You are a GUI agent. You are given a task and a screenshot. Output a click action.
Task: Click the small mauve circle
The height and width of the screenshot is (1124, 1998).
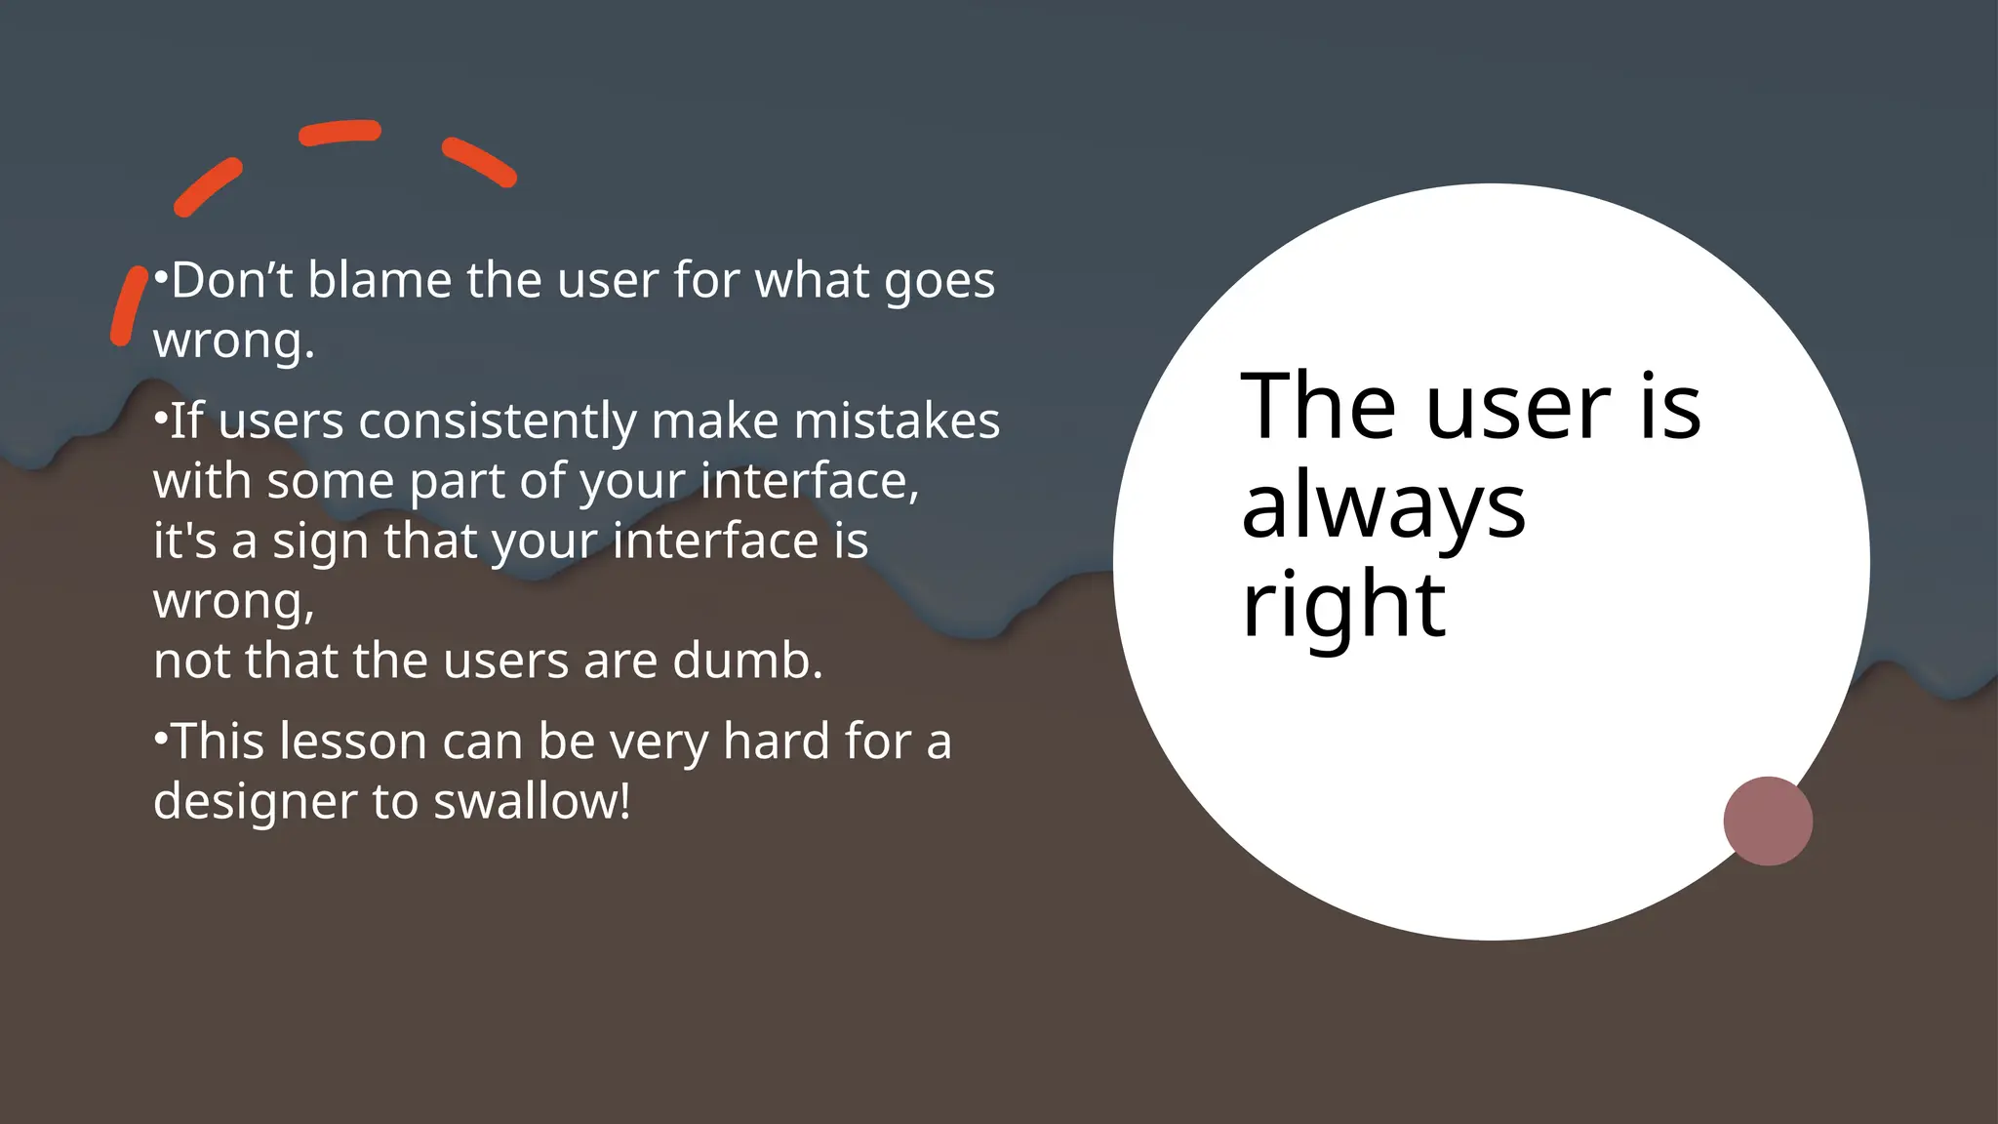1768,821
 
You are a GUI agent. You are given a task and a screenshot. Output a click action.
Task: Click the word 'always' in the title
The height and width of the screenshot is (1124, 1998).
1382,507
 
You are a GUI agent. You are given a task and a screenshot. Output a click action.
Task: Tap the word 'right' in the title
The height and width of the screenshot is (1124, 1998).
1343,605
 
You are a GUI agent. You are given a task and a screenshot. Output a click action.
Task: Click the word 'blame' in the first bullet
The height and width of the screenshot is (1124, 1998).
380,280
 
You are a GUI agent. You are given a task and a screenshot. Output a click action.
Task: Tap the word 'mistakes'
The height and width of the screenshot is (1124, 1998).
897,421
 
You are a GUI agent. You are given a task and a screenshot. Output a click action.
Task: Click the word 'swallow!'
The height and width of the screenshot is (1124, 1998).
532,801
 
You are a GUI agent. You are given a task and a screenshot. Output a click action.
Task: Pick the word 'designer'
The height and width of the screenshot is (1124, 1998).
256,803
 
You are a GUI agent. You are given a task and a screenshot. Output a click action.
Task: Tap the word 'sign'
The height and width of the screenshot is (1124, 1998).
321,542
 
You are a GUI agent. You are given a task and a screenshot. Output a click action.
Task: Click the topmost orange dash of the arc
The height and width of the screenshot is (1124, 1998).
340,133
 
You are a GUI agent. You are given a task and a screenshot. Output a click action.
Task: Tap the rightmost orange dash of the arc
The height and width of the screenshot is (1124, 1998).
478,162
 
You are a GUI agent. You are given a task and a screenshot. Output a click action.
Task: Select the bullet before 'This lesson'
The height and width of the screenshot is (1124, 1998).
161,738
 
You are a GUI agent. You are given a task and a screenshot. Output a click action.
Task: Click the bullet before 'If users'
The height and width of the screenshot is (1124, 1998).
161,418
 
